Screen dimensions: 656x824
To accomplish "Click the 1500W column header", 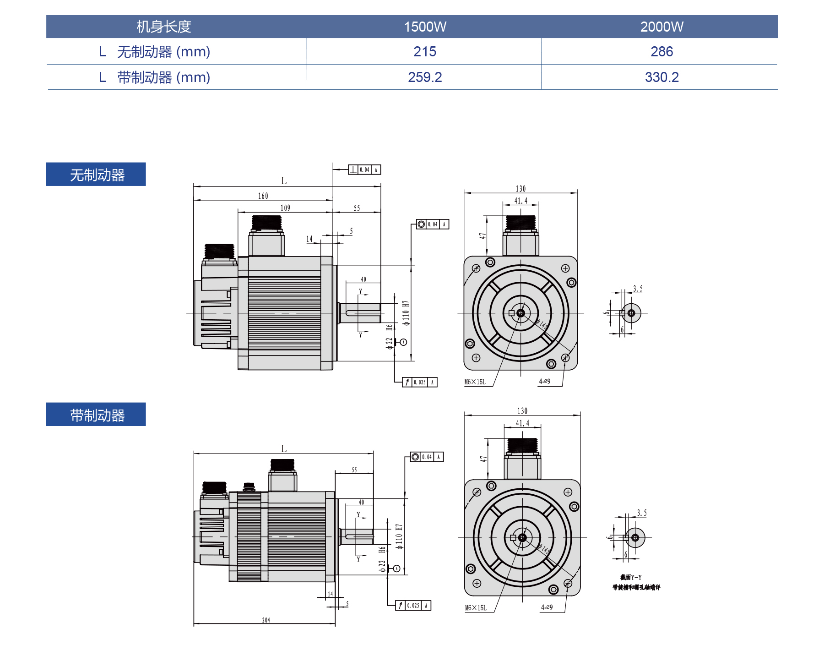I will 425,27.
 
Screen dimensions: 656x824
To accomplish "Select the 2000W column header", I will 661,27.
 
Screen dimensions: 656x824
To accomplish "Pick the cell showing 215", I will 425,51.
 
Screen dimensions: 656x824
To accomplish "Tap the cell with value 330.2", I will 661,77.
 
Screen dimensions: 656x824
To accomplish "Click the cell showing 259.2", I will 425,77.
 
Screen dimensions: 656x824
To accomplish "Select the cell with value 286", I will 661,51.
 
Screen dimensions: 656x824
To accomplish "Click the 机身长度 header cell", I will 163,27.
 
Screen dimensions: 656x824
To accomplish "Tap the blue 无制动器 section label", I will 96,175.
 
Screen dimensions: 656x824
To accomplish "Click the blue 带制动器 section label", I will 96,415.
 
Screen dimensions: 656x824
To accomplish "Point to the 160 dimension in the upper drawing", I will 263,196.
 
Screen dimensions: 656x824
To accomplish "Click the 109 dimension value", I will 285,208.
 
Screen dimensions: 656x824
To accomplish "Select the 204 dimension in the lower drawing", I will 266,620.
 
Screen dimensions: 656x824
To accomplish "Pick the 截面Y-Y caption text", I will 631,578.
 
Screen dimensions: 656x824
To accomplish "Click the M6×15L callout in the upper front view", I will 475,382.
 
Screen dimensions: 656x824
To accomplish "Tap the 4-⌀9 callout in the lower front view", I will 547,607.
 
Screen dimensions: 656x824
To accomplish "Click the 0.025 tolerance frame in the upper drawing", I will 420,382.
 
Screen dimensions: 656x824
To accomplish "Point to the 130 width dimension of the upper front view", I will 521,189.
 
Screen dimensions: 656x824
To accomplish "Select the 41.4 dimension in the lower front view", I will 522,423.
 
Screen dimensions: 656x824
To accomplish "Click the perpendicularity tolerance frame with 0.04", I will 364,170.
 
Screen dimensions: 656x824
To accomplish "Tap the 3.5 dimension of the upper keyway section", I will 638,289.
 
